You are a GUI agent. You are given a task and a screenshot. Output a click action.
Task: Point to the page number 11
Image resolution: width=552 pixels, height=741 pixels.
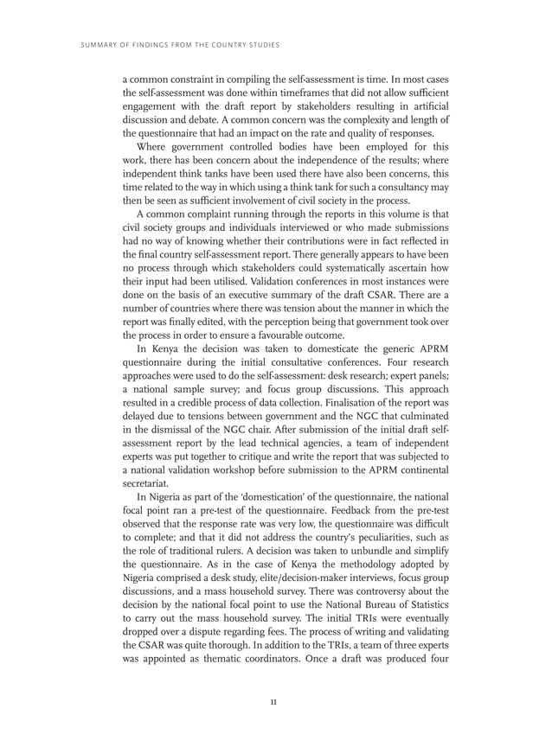[x=275, y=701]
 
